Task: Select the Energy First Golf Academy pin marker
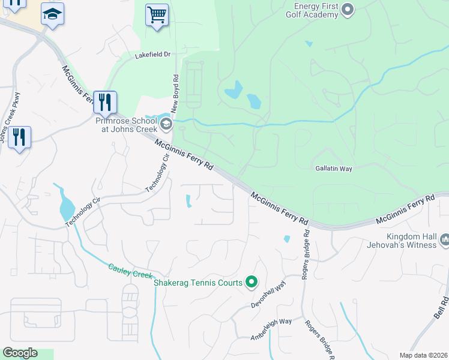[x=347, y=9]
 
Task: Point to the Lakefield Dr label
[x=153, y=55]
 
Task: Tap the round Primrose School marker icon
[x=166, y=125]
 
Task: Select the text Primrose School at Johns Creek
[x=126, y=124]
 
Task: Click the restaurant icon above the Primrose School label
[x=104, y=103]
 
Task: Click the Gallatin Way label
[x=333, y=169]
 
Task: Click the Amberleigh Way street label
[x=271, y=329]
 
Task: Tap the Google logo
[x=20, y=353]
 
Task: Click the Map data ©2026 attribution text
[x=424, y=355]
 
